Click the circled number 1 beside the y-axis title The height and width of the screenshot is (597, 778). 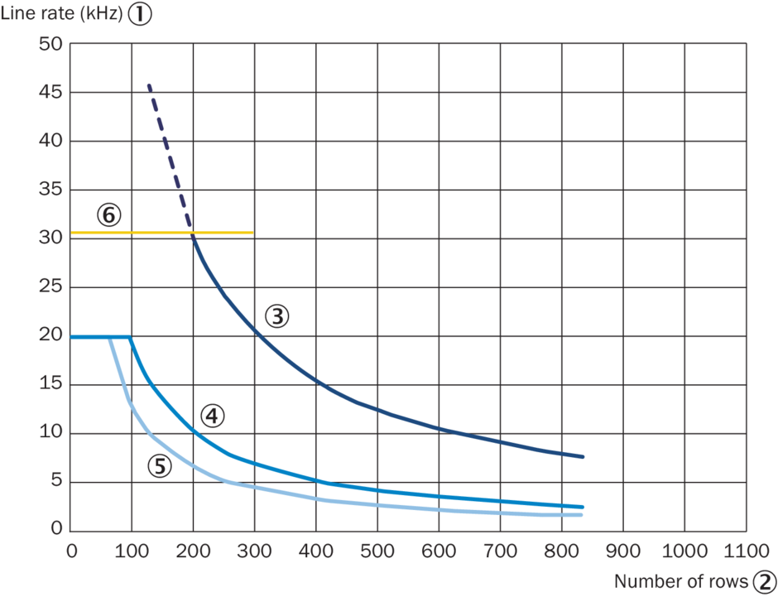click(x=140, y=15)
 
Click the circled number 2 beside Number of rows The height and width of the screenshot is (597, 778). click(x=766, y=581)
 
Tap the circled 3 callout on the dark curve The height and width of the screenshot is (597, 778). click(x=277, y=315)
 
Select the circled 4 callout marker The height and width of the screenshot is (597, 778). click(x=212, y=416)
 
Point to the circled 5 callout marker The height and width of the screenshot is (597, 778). click(x=160, y=466)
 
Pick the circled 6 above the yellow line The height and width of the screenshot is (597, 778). click(x=108, y=215)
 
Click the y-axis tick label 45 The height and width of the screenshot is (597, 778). click(x=50, y=93)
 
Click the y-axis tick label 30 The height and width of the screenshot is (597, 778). click(x=50, y=238)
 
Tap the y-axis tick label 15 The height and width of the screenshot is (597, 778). click(x=50, y=384)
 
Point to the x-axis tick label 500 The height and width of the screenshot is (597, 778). click(x=377, y=550)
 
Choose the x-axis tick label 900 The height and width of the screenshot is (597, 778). click(x=622, y=550)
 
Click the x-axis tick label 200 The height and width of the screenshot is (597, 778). click(x=193, y=550)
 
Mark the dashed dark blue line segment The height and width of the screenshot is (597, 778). click(x=168, y=157)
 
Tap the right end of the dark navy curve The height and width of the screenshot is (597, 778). click(x=583, y=456)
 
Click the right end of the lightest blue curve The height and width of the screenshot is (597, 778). click(x=583, y=515)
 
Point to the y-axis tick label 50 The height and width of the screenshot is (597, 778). click(x=50, y=44)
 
